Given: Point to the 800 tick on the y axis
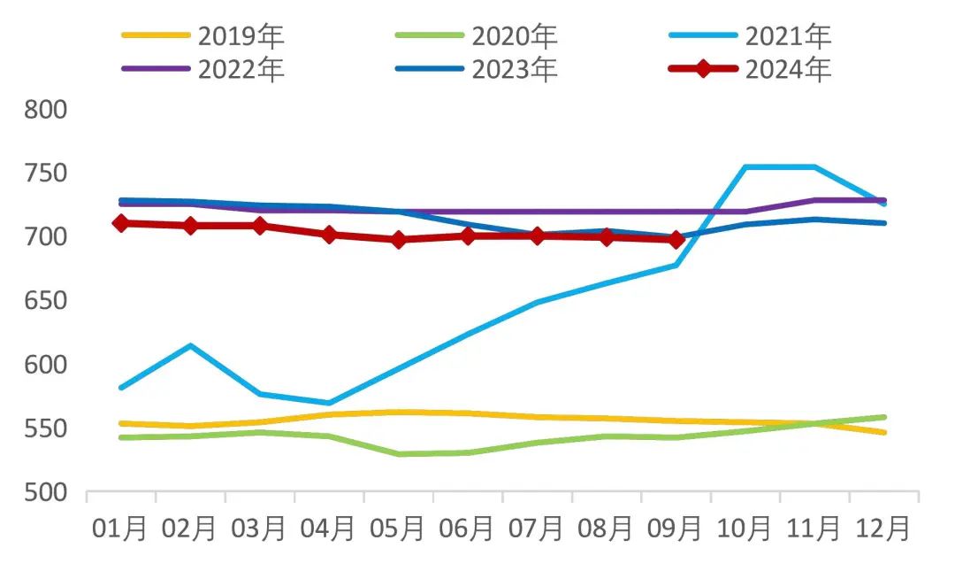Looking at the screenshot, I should (x=43, y=111).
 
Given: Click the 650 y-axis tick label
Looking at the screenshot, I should (x=43, y=302).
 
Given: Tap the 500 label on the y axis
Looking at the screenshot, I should (x=43, y=493).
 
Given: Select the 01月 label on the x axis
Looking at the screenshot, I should (x=121, y=529).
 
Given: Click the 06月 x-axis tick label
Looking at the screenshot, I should (x=468, y=529).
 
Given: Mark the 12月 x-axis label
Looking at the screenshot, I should (x=883, y=529).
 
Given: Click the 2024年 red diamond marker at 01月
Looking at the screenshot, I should (x=121, y=223).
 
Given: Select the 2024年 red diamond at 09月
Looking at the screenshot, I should (x=676, y=239).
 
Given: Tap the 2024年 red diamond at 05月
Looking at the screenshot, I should (x=399, y=239).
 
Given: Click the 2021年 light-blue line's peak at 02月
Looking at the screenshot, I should (x=190, y=345).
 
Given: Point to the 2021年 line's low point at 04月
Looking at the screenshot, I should (x=329, y=403).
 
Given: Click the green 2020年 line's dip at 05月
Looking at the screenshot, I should (x=399, y=454).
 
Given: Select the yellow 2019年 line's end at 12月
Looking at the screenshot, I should (x=883, y=432).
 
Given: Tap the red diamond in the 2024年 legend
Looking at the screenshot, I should (x=703, y=69).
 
